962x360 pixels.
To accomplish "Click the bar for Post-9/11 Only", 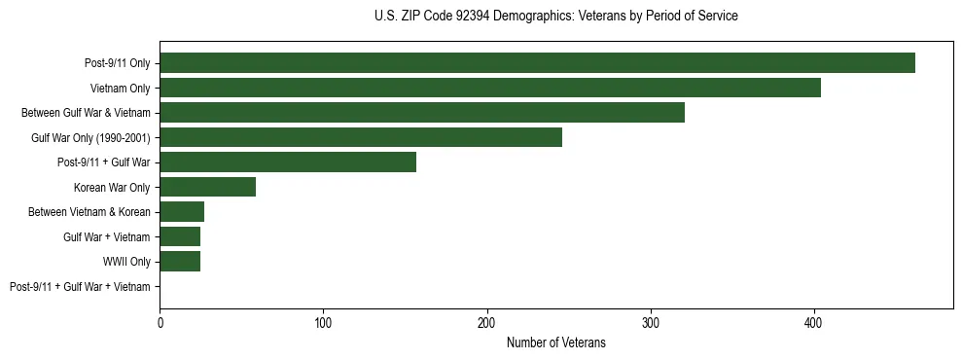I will point(537,63).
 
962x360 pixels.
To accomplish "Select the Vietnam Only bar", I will point(490,89).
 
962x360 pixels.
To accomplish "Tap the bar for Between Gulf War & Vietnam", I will point(422,113).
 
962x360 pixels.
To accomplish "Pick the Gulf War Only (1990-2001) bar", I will point(361,138).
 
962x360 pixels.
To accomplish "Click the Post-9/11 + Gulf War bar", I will point(288,162).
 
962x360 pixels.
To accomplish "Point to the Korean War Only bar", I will point(207,187).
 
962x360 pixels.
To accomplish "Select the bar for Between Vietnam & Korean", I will point(182,212).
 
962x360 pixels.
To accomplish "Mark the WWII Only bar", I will point(180,262).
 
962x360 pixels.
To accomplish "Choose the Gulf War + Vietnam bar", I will point(180,236).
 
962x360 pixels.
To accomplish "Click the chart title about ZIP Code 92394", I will point(555,17).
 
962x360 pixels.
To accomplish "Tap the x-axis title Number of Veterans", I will point(555,342).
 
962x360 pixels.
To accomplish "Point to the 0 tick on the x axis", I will point(160,321).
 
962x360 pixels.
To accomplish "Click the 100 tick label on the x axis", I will point(324,321).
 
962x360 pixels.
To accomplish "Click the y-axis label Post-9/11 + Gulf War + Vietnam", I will point(80,287).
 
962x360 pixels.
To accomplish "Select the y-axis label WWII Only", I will point(126,262).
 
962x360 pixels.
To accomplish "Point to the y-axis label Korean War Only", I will point(112,187).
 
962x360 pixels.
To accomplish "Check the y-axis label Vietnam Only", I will point(120,89).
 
